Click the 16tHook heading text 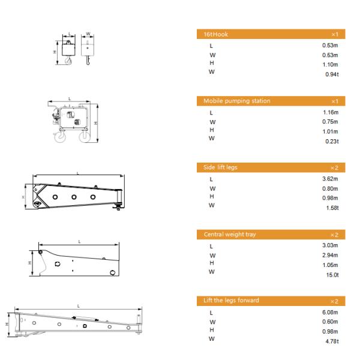[x=215, y=34]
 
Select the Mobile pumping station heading [x=237, y=101]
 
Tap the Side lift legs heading [x=220, y=167]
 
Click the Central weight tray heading [x=230, y=235]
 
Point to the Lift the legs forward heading [x=231, y=301]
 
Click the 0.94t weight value [x=332, y=74]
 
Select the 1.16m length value [x=331, y=112]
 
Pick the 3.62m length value [x=330, y=179]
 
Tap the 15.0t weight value [x=332, y=275]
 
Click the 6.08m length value [x=330, y=312]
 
